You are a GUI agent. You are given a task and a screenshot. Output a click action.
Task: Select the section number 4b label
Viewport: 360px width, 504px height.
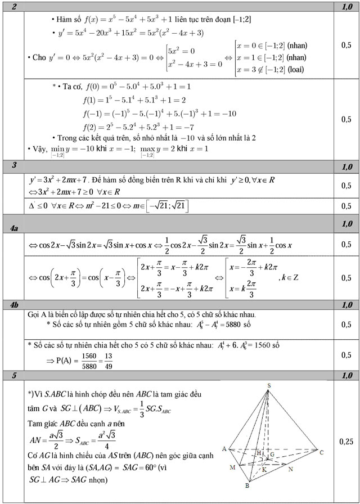coord(15,305)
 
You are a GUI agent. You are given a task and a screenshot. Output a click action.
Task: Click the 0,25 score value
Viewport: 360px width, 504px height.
coord(346,443)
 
